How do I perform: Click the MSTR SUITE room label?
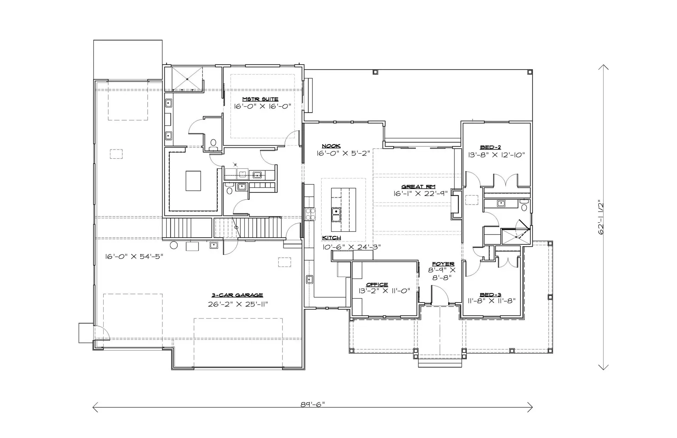[260, 99]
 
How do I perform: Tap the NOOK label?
[331, 146]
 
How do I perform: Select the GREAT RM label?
[418, 187]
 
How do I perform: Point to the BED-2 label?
[490, 147]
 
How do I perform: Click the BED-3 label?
[490, 295]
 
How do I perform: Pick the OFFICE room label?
[377, 285]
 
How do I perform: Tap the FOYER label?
[443, 264]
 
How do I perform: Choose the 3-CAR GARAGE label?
[237, 295]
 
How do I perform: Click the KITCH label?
[331, 238]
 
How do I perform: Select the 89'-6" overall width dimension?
[312, 404]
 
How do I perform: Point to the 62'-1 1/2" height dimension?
[601, 217]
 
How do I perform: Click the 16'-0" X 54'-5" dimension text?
[134, 256]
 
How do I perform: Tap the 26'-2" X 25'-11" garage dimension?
[238, 304]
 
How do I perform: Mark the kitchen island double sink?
[336, 214]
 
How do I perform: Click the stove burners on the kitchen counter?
[310, 214]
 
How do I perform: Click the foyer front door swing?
[439, 294]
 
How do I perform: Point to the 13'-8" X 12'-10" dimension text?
[496, 155]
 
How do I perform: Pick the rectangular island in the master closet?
[193, 181]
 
